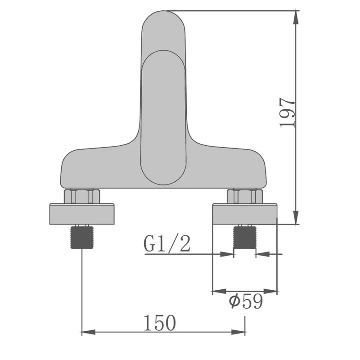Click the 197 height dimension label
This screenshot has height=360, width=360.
point(288,112)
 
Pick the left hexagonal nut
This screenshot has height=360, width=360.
point(81,197)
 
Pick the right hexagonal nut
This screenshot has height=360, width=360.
point(245,197)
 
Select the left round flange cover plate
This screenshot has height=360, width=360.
point(81,214)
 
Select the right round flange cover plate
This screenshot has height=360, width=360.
point(245,214)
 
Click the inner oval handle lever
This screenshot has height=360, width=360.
point(163,117)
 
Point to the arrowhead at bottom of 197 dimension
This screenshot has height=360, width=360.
point(296,219)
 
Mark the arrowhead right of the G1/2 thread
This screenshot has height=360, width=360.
point(260,254)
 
